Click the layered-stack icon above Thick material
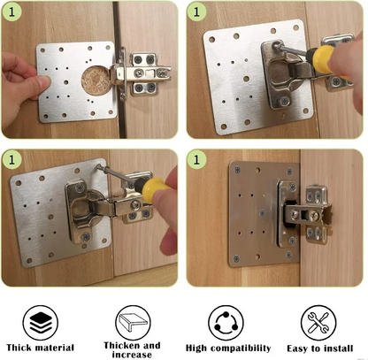pos(38,319)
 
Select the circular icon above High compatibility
pos(223,319)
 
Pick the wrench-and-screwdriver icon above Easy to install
pos(316,319)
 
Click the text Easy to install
pos(316,348)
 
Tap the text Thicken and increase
pos(132,349)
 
